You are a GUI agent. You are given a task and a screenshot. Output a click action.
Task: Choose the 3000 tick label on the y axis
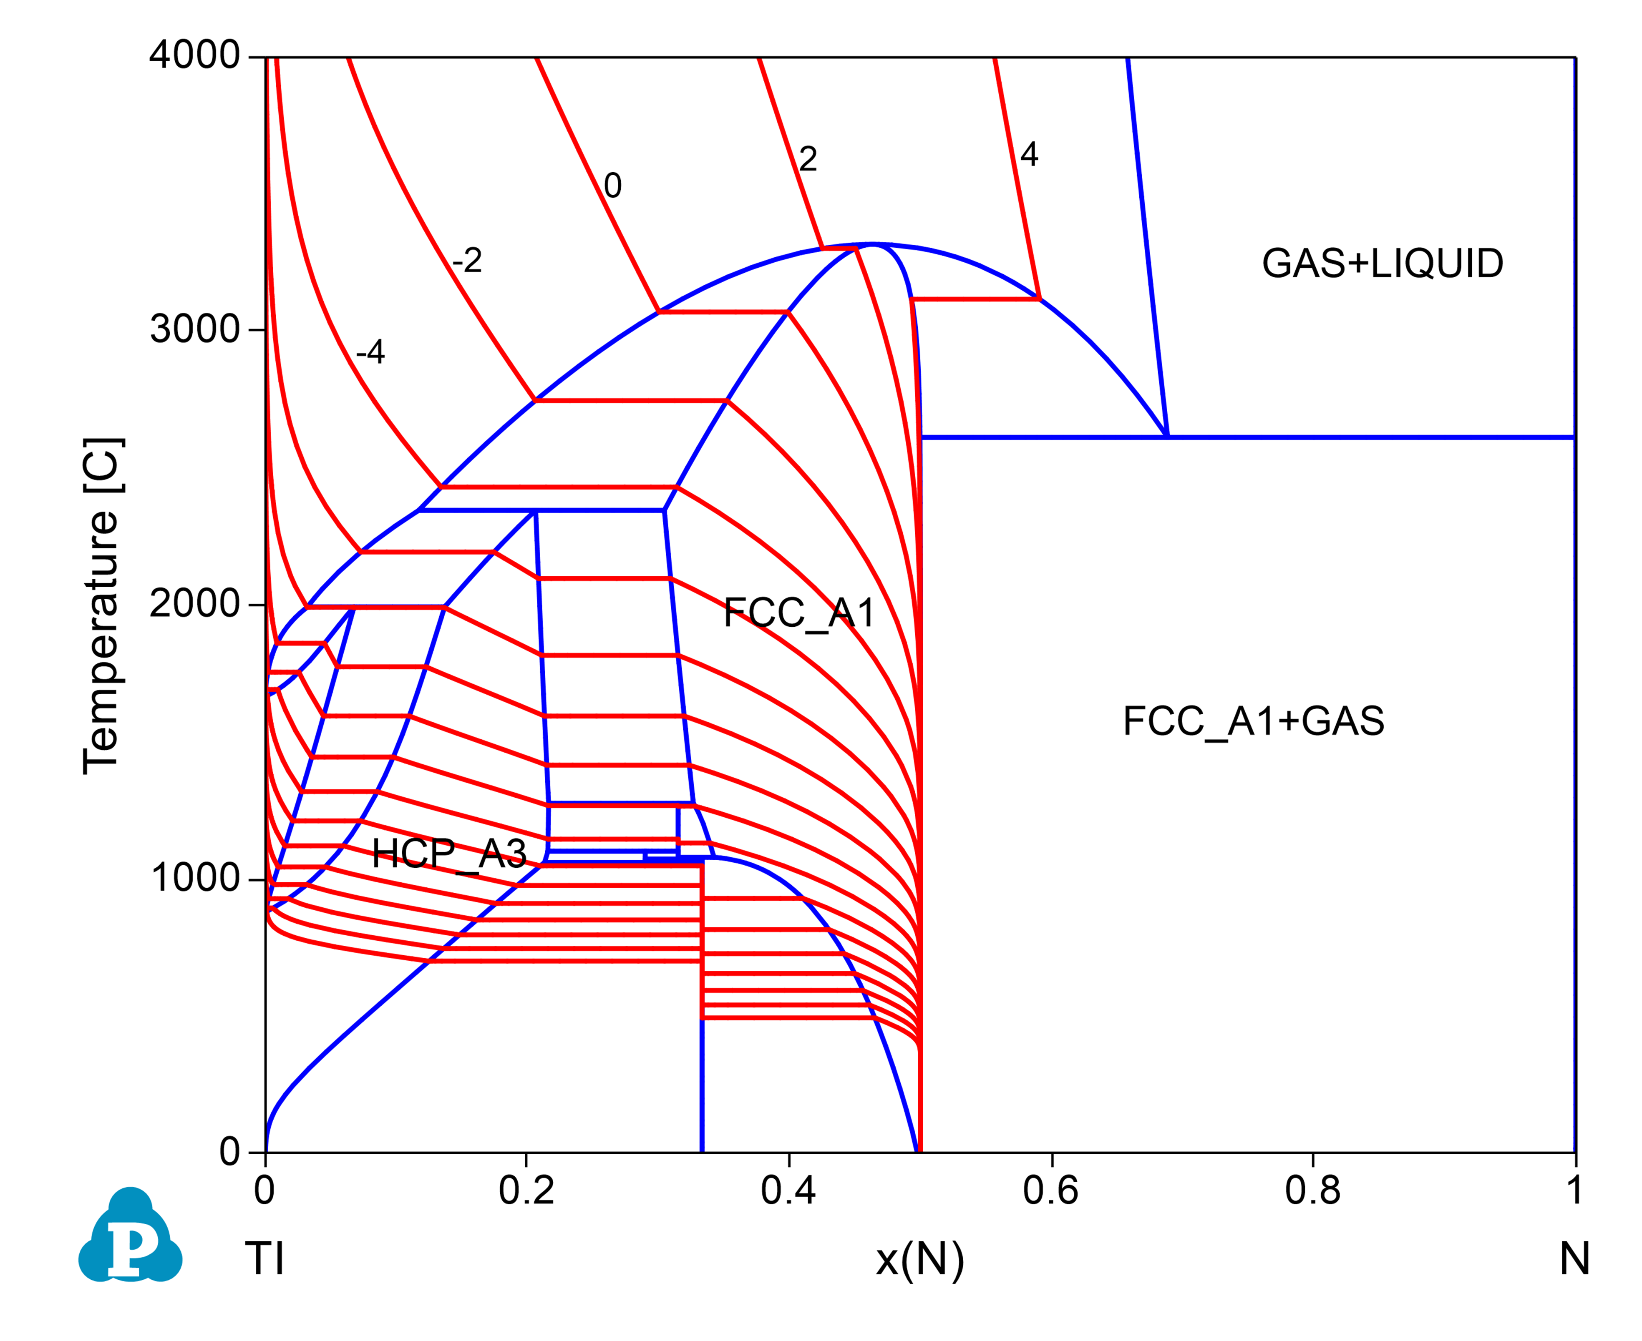coord(195,330)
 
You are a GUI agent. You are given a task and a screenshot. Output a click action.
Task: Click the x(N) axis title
coord(919,1260)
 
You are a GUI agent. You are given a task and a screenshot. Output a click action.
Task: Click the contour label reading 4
coord(1028,155)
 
